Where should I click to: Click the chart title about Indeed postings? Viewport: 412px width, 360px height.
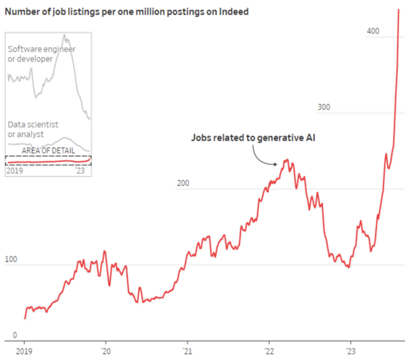126,12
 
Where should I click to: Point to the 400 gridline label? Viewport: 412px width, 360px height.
373,31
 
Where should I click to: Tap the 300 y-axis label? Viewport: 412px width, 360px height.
323,107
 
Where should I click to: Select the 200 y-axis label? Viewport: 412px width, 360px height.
183,183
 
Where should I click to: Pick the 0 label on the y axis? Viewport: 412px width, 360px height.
15,335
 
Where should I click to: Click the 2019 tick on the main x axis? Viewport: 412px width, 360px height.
24,350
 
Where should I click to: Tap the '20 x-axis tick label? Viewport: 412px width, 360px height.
106,350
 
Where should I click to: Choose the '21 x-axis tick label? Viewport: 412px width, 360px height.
187,350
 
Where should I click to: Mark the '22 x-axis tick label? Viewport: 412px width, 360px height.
269,350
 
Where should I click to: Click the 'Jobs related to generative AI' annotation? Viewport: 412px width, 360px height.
253,138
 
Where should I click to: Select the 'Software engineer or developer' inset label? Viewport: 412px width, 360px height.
42,54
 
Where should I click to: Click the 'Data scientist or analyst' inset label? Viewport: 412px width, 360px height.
33,129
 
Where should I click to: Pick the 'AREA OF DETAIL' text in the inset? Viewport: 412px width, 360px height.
48,150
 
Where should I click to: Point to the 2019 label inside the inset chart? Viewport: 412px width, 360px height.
14,171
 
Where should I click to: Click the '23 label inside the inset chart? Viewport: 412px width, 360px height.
80,171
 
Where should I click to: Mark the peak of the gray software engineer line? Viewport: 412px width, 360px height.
64,35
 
